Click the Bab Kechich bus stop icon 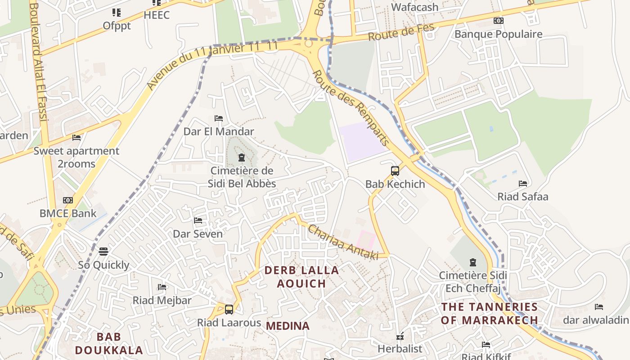395,171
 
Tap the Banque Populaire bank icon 498,21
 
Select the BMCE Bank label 68,213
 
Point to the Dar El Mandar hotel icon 219,118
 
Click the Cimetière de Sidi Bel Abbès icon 242,157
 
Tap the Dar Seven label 198,234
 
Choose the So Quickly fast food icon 103,251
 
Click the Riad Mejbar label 162,300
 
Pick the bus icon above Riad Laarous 229,310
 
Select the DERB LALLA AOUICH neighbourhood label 301,277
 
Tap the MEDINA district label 288,326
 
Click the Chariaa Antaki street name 343,243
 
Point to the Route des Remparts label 351,108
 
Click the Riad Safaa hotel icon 522,184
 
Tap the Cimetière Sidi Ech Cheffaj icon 472,262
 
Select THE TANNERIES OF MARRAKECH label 490,314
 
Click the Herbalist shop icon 400,336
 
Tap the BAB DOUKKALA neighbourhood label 109,343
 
